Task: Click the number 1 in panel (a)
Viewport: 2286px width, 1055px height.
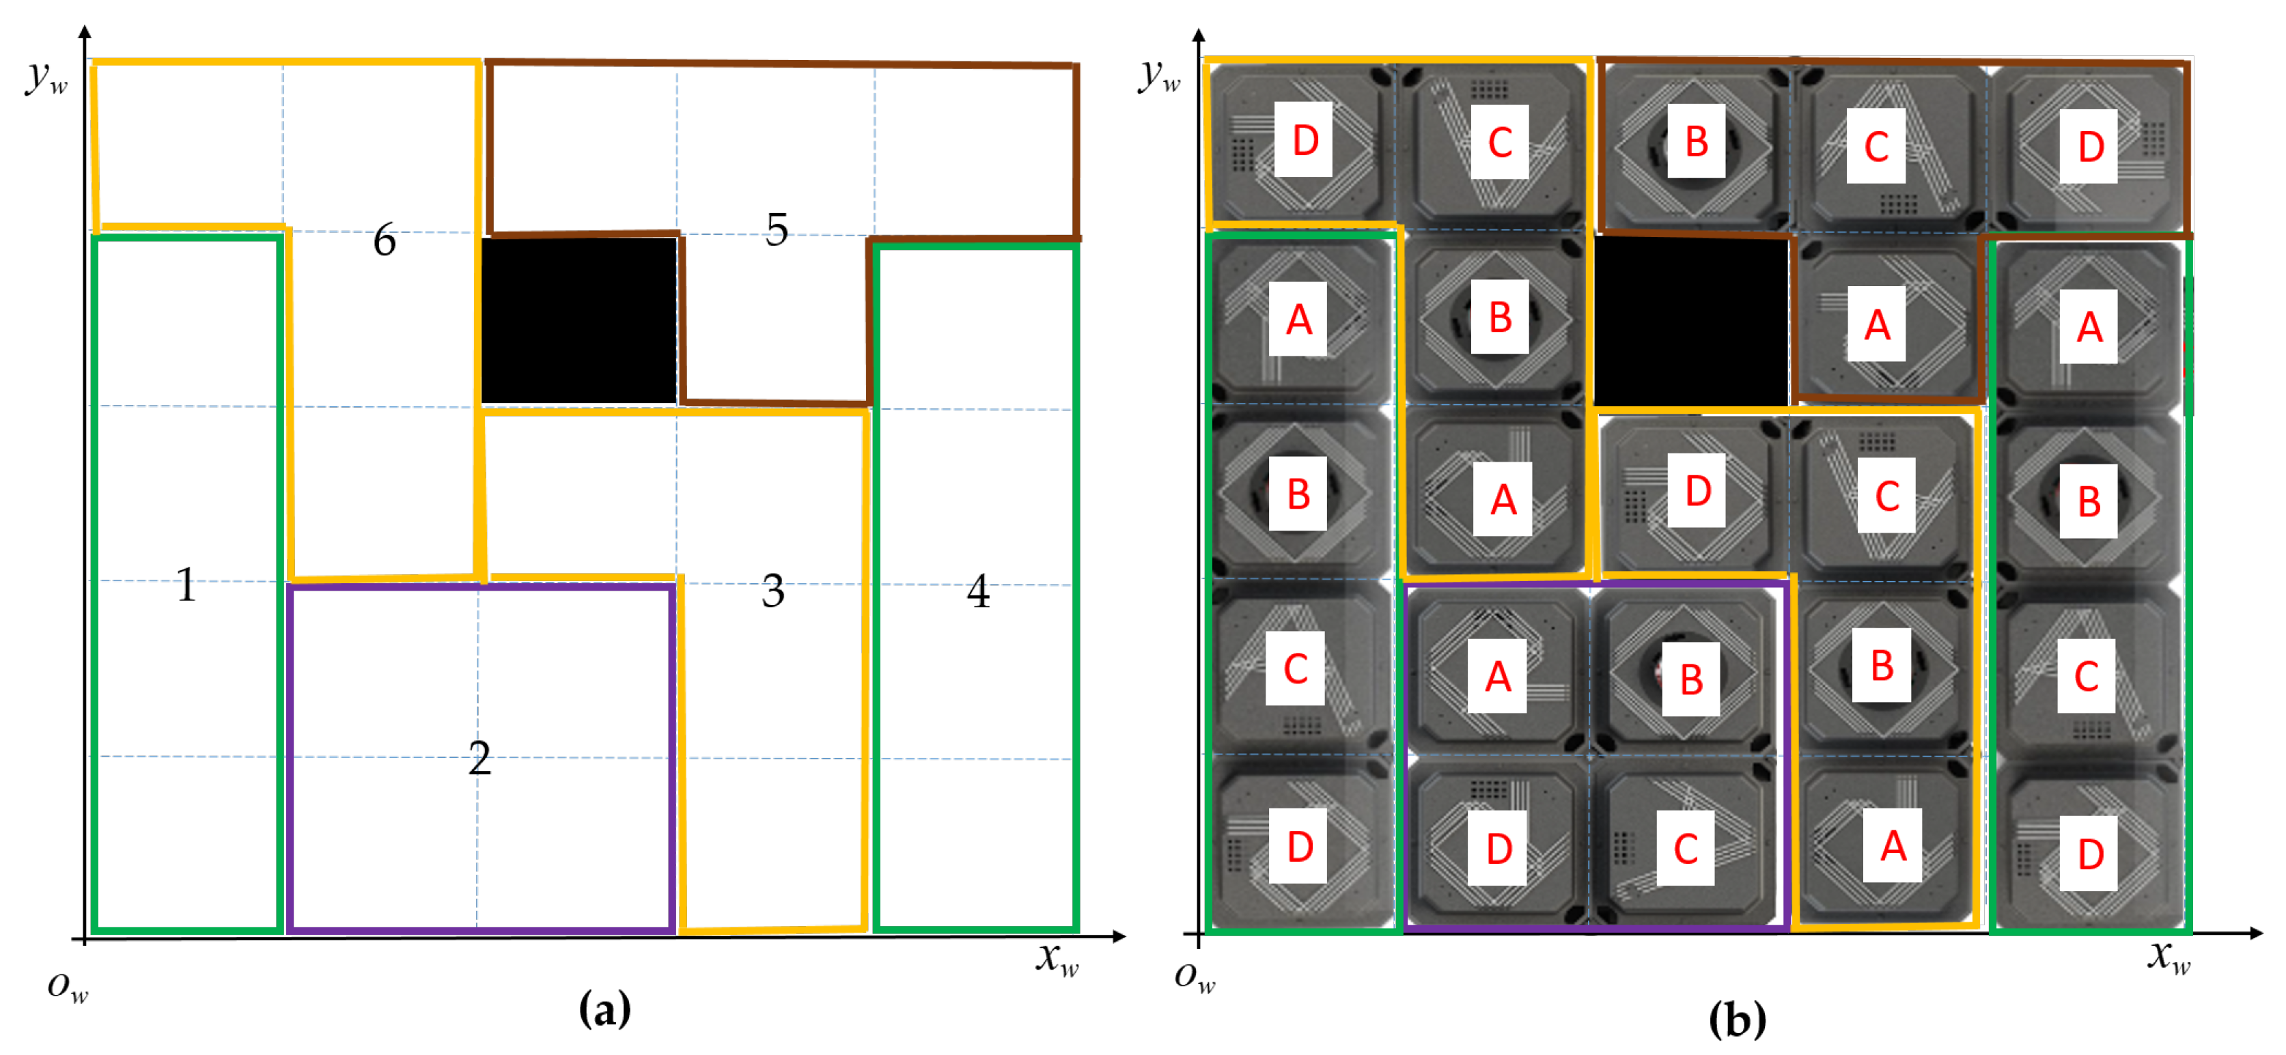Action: tap(186, 586)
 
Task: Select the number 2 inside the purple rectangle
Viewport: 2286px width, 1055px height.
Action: tap(479, 759)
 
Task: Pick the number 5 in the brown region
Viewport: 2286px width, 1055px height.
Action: tap(777, 230)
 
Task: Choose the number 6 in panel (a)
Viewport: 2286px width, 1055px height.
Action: tap(385, 240)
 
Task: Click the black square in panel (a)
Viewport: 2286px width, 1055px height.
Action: tap(579, 320)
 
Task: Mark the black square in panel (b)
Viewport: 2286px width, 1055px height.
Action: tap(1690, 320)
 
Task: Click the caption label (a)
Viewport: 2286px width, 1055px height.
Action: tap(604, 1009)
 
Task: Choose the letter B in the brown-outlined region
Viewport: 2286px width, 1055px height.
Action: tap(1696, 142)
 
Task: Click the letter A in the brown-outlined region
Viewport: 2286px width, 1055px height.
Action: tap(1876, 325)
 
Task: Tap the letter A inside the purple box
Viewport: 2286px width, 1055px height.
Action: tap(1498, 677)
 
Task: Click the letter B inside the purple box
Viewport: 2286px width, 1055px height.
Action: tap(1691, 679)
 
